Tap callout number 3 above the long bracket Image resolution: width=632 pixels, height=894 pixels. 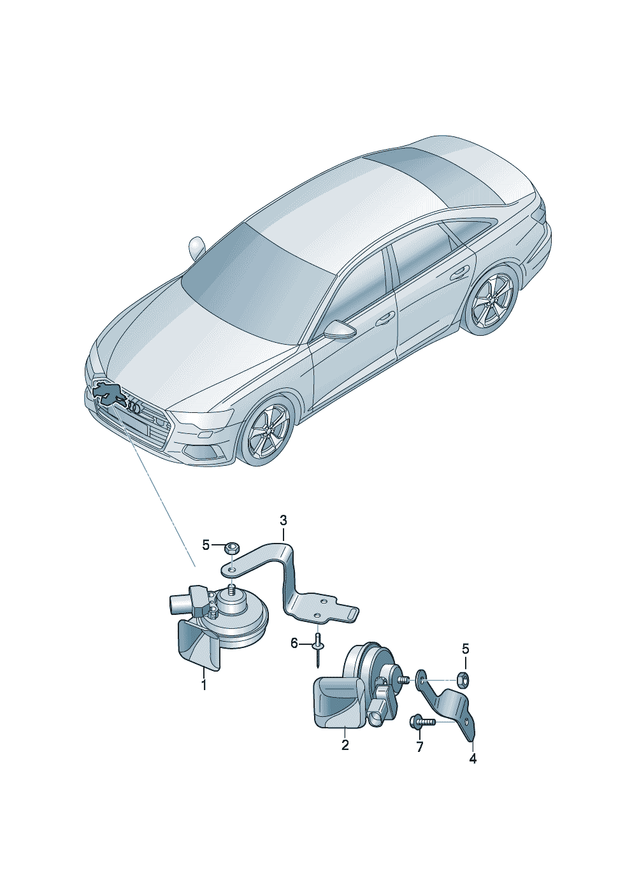[283, 521]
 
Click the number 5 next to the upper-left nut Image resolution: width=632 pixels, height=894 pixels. [206, 545]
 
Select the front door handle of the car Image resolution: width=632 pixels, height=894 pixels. [385, 318]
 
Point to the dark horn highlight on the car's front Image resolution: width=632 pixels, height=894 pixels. [108, 393]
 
